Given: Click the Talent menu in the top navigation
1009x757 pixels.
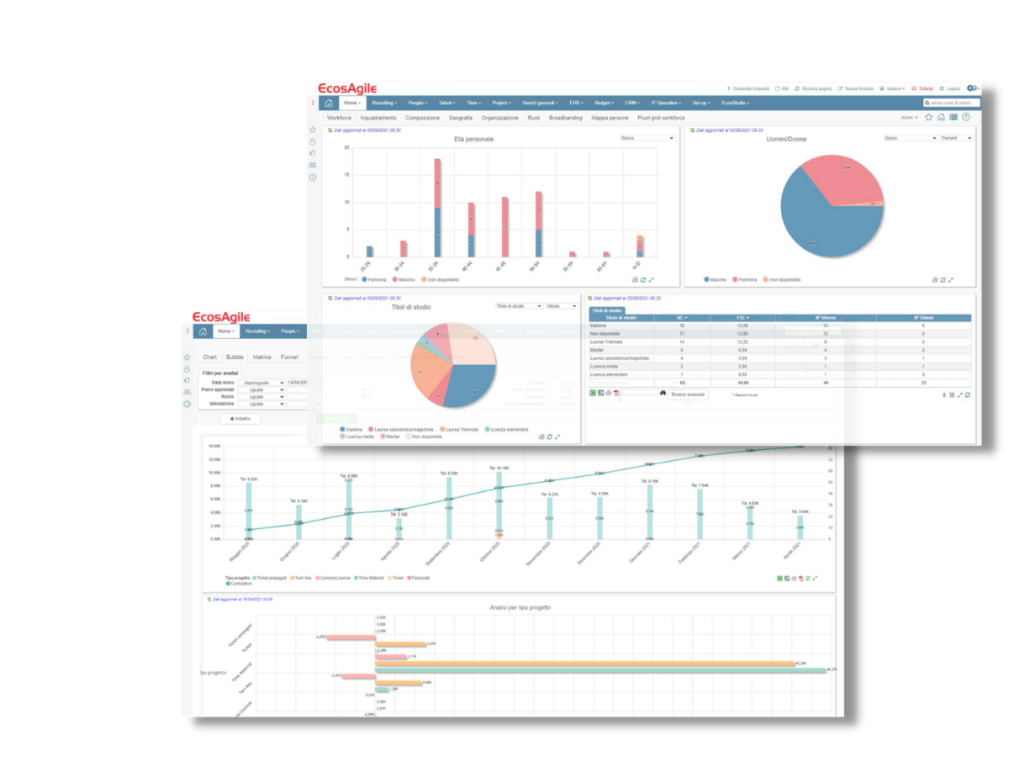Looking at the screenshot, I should click(x=446, y=103).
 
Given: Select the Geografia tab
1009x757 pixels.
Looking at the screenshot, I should click(x=460, y=118).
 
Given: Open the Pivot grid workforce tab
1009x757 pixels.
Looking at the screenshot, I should click(x=661, y=118).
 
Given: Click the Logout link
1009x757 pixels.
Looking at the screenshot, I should click(x=952, y=88).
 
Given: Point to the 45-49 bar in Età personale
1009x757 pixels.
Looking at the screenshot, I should click(x=504, y=226).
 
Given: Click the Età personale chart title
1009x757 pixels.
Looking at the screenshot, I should click(x=473, y=139).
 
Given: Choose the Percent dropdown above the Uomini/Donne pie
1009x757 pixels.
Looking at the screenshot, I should click(x=957, y=138).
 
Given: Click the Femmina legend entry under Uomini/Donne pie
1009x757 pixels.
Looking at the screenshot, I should click(x=747, y=279).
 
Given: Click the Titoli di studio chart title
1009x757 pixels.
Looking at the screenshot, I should click(x=410, y=307).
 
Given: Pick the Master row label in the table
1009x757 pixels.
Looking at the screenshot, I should click(x=598, y=350).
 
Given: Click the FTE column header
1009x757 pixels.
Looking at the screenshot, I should click(x=742, y=318).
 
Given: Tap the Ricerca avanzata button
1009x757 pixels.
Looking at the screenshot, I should click(x=689, y=394).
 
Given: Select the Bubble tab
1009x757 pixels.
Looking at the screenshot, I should click(x=235, y=357).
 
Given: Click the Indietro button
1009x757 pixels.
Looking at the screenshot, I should click(x=240, y=418).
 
